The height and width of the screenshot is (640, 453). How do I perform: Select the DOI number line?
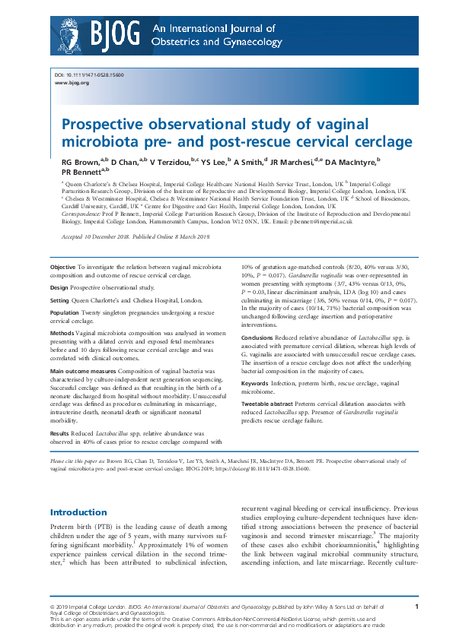(89, 75)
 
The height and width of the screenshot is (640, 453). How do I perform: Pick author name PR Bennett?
(81, 173)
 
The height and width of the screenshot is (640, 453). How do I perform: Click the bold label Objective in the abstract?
(62, 268)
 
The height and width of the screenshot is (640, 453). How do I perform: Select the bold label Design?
(59, 288)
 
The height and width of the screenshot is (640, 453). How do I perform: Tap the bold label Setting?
(60, 301)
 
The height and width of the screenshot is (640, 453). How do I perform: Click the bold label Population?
(65, 313)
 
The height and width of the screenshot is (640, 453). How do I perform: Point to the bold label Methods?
(62, 333)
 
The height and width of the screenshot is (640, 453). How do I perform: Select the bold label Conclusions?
(263, 337)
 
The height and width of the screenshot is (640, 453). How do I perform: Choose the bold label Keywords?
(259, 383)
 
